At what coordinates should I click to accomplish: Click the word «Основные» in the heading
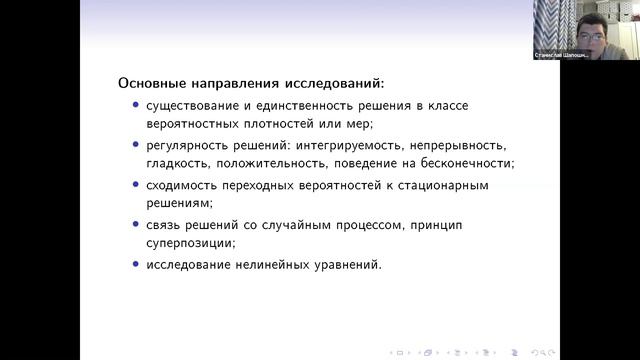tap(149, 82)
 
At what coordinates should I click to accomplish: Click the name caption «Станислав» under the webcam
tap(551, 56)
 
